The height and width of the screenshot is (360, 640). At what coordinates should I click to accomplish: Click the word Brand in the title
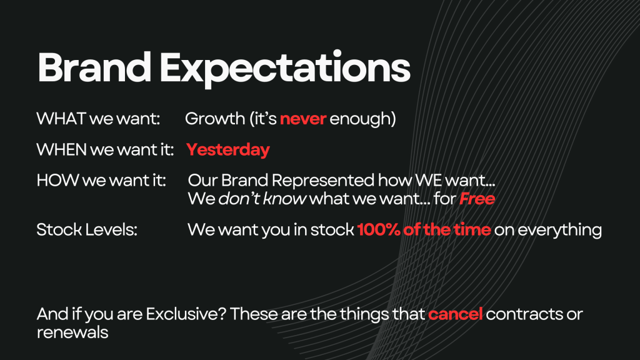(x=94, y=67)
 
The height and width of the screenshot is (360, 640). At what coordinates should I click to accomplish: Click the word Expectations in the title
(x=285, y=69)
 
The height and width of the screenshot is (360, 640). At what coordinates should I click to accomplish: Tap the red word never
(x=303, y=119)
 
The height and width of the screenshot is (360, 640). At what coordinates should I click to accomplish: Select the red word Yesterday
(x=227, y=150)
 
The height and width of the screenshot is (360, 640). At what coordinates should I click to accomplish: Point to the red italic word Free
(x=477, y=199)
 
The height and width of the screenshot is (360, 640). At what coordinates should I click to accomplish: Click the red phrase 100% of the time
(x=424, y=229)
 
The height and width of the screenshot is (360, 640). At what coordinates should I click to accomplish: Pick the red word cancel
(x=455, y=314)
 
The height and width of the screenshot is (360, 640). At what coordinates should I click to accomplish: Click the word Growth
(x=215, y=119)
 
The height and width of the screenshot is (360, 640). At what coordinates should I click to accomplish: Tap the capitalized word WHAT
(x=61, y=119)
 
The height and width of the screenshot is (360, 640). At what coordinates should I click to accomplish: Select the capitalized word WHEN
(x=62, y=149)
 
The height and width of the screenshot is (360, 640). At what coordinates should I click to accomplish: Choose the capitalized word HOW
(x=57, y=180)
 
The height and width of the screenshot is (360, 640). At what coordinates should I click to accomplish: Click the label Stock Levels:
(x=87, y=229)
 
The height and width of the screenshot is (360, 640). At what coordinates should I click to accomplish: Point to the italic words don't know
(x=262, y=199)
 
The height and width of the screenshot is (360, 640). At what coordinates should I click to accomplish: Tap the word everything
(x=559, y=230)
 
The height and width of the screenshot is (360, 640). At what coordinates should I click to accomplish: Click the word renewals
(x=72, y=332)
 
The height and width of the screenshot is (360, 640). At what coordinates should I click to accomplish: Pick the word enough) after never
(x=362, y=119)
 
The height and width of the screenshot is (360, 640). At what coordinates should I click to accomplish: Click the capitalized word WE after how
(x=429, y=180)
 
